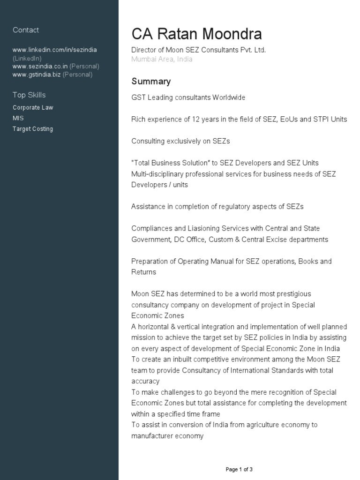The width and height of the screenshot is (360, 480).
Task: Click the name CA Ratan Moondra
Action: point(196,34)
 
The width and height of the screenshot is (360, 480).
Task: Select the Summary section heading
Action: point(151,82)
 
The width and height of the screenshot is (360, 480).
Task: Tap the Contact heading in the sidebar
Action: point(26,30)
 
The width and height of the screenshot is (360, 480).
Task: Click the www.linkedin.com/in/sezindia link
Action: point(55,50)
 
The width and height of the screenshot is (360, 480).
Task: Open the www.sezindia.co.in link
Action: point(40,66)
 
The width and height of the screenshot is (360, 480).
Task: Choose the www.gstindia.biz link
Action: point(37,74)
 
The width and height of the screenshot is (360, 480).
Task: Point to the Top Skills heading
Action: point(29,95)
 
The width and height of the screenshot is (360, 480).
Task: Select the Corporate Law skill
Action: point(33,107)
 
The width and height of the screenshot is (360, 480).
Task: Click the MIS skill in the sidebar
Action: point(18,118)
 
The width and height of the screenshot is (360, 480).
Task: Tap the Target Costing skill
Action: point(33,129)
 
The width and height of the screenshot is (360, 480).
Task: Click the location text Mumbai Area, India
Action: point(162,60)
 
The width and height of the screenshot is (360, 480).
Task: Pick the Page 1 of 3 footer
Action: point(239,469)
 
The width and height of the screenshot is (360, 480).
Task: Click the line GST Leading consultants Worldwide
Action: point(188,97)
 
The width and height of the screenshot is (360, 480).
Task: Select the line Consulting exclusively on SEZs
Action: point(180,141)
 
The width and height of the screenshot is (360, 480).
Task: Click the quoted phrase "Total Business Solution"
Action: point(171,163)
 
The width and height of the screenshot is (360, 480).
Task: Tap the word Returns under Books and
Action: point(143,272)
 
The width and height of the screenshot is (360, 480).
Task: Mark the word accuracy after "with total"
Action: point(145,381)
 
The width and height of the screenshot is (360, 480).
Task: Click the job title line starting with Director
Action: point(198,50)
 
